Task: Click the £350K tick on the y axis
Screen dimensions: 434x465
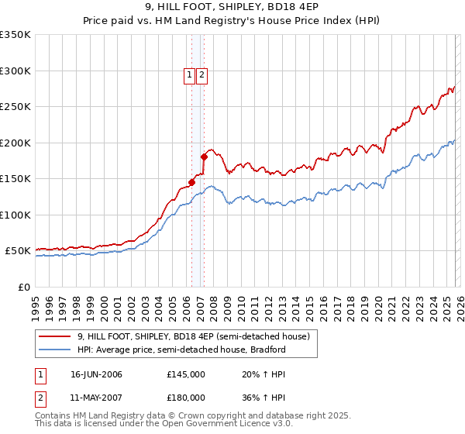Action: point(15,35)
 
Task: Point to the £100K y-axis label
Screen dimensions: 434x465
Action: point(15,215)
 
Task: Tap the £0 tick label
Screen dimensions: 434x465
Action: point(23,287)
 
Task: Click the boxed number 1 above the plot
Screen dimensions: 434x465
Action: point(189,75)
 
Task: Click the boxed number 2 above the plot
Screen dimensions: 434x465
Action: point(201,75)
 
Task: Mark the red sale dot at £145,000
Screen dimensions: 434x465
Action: point(191,183)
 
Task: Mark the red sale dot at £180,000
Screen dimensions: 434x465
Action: point(204,157)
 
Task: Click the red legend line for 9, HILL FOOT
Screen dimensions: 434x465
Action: point(56,336)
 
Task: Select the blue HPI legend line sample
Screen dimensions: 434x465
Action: point(56,350)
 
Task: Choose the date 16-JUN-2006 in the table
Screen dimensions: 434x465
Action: point(96,374)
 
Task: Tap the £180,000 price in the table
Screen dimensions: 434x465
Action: point(186,398)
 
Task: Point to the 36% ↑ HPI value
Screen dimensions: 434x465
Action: point(253,398)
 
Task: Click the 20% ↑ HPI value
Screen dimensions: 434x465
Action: point(253,374)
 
